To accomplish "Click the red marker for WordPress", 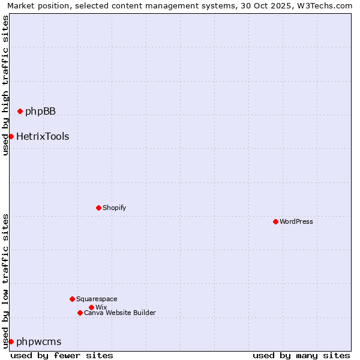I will point(275,221).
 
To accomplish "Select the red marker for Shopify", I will point(98,208).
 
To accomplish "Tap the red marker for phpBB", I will point(20,111).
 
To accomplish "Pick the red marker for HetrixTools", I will point(11,136).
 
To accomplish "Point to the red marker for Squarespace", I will point(72,299).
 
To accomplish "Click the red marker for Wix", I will point(91,307).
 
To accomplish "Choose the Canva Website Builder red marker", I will point(80,313).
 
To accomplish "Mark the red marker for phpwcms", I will point(11,341).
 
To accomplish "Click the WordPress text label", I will point(296,221).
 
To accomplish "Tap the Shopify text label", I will point(114,208).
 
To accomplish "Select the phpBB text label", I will point(40,111).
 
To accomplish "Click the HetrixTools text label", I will point(43,136).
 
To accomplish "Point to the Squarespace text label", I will point(97,299).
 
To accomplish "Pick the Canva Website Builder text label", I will point(120,313).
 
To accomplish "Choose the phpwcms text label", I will point(39,341).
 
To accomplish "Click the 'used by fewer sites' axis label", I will point(62,355).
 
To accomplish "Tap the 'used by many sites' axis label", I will point(301,355).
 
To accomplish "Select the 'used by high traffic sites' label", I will point(5,85).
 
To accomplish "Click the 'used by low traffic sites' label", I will point(5,281).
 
